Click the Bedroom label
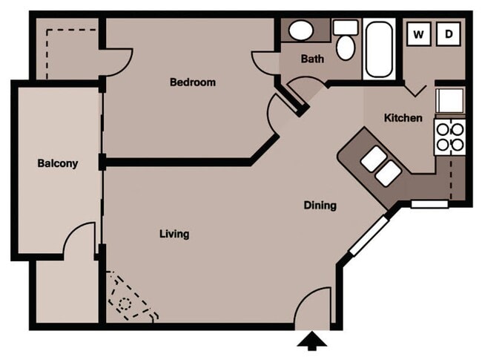(193, 82)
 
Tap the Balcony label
(58, 163)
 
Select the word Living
(174, 234)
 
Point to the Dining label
(320, 206)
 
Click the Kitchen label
(403, 118)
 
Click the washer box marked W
(419, 33)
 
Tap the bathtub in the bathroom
(380, 49)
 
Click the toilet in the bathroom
(346, 42)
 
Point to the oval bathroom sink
(300, 31)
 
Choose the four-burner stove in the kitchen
(449, 137)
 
